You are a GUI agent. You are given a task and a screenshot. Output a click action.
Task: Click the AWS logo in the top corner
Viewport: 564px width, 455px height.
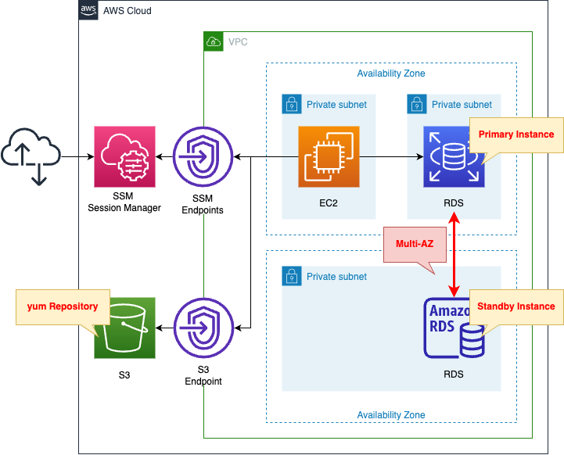click(x=88, y=10)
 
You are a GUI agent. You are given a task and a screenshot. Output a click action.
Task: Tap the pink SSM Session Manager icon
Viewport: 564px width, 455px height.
click(x=124, y=156)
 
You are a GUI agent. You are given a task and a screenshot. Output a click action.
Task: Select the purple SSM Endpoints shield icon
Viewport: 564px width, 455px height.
click(x=203, y=156)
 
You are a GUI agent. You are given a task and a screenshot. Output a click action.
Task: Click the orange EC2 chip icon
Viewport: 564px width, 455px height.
click(x=329, y=156)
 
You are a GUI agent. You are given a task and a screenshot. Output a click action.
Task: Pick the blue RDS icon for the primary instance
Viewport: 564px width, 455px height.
click(x=454, y=156)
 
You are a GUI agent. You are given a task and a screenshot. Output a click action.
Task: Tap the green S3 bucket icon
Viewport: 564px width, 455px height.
click(x=124, y=328)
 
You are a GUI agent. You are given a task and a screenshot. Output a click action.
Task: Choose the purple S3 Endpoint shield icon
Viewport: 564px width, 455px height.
click(x=203, y=328)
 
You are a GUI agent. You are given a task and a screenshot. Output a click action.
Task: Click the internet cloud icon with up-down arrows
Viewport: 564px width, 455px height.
click(x=31, y=156)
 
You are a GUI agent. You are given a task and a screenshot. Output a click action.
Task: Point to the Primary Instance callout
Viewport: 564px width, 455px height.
click(x=516, y=134)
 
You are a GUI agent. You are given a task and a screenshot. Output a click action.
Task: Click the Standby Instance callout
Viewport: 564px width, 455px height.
click(x=516, y=306)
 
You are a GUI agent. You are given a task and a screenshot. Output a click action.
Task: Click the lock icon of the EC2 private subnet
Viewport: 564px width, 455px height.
click(x=291, y=104)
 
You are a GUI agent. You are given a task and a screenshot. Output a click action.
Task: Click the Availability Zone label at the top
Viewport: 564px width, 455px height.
click(x=391, y=73)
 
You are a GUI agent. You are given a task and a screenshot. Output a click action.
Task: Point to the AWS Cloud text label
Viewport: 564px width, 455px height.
click(x=128, y=11)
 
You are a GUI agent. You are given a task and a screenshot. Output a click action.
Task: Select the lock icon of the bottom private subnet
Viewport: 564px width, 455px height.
click(x=291, y=276)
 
